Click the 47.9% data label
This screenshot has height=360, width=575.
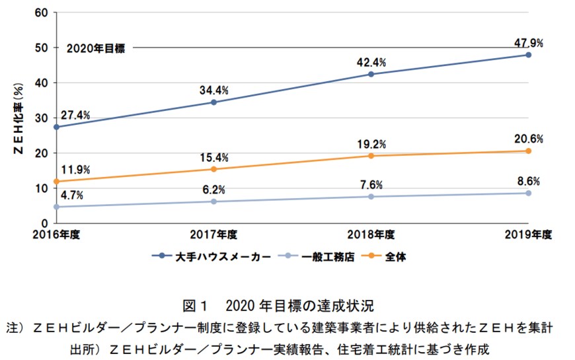[x=529, y=43]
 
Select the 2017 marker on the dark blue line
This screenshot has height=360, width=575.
[x=213, y=102]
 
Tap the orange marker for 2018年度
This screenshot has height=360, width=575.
[x=371, y=156]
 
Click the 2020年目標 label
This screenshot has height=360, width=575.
[x=96, y=48]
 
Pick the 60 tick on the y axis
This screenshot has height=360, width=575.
[x=41, y=13]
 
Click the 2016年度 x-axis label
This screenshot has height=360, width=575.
[x=56, y=234]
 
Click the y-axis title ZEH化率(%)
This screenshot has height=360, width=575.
[x=19, y=118]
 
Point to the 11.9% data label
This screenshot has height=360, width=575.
[x=75, y=168]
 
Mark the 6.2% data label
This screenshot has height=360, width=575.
[x=213, y=190]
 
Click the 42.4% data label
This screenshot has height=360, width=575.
[x=371, y=62]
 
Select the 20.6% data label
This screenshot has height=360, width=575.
[x=529, y=139]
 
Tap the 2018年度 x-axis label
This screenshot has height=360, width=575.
[x=371, y=234]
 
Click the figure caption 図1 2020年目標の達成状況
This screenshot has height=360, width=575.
[x=287, y=306]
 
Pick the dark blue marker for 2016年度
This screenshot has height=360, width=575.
[x=56, y=127]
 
